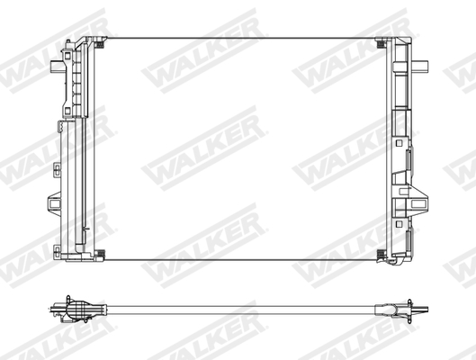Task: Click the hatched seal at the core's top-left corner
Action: coord(100,40)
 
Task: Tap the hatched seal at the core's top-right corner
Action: coord(383,41)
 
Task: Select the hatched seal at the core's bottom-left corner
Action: coord(100,253)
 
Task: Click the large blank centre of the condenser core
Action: coord(241,148)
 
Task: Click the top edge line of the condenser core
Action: coord(241,38)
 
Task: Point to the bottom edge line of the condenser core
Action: coord(241,260)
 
